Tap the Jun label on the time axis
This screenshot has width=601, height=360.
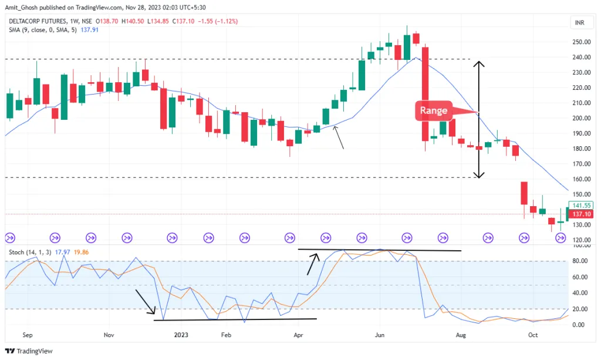pyautogui.click(x=379, y=336)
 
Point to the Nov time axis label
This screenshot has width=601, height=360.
pyautogui.click(x=108, y=336)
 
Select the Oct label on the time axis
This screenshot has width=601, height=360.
pyautogui.click(x=533, y=336)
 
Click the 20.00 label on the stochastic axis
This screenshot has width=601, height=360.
pyautogui.click(x=579, y=309)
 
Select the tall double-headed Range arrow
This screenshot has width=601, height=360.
pyautogui.click(x=480, y=119)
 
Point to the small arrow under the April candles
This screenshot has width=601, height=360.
pyautogui.click(x=339, y=137)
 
